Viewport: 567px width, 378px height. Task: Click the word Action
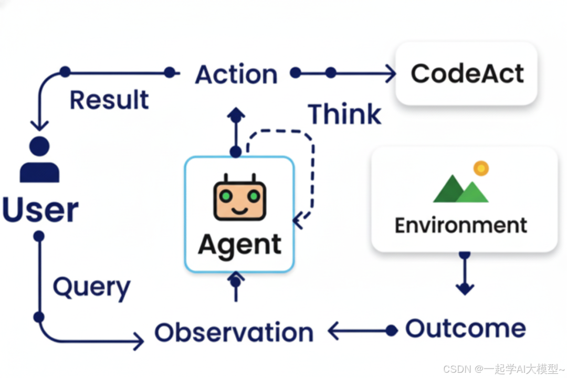pos(236,75)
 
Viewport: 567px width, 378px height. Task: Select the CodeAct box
pos(467,73)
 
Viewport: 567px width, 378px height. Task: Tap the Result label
pos(109,100)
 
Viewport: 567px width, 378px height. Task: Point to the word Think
pos(344,114)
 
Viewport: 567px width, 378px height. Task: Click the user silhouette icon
pos(39,160)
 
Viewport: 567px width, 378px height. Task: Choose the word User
pos(40,209)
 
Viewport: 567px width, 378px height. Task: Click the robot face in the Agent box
pos(239,199)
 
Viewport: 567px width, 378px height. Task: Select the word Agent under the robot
pos(239,245)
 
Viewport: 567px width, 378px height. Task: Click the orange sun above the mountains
pos(480,169)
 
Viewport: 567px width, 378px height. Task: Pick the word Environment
pos(460,225)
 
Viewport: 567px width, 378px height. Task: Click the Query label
pos(91,287)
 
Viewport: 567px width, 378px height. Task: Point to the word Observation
pos(234,332)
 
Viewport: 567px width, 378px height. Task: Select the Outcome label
pos(465,329)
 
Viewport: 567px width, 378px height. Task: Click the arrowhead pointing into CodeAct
pos(390,73)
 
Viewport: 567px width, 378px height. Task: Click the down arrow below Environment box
pos(465,278)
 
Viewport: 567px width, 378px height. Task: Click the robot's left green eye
pos(226,196)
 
